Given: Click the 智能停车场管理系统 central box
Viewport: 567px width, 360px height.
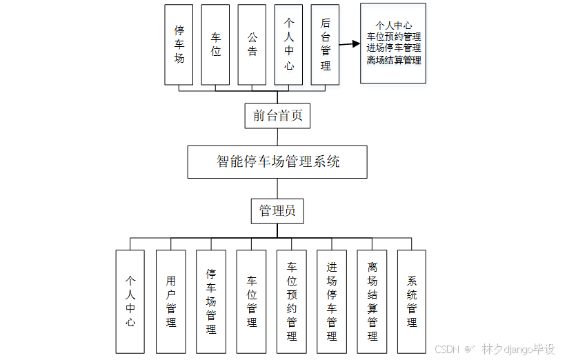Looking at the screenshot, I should (277, 162).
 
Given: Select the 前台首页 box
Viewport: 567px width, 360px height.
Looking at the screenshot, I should (277, 116).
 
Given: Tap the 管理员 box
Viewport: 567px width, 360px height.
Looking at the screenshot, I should (277, 211).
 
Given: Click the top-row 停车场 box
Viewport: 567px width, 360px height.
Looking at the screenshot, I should (179, 45).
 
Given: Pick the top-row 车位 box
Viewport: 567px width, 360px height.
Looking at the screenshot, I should (216, 45).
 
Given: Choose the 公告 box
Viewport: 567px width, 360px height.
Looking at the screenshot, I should (252, 45).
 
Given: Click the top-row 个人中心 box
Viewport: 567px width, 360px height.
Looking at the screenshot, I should (288, 45).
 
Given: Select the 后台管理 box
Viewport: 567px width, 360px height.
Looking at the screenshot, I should (326, 45).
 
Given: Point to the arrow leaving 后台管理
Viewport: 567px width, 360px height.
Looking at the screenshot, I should (350, 44).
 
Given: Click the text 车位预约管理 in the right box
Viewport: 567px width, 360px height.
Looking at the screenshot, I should (393, 37).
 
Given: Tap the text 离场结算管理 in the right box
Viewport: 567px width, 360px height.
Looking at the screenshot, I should (393, 60).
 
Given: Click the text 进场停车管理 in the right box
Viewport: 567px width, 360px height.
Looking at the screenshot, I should (393, 48).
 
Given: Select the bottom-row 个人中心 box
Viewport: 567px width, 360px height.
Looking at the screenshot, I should (130, 301).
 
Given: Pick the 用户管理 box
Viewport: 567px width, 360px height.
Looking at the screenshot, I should (171, 301).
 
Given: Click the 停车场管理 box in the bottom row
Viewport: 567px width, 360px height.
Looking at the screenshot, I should (211, 301).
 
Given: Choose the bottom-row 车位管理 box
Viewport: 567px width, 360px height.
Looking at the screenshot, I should (251, 301).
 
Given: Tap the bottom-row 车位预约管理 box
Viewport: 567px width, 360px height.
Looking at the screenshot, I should (291, 301).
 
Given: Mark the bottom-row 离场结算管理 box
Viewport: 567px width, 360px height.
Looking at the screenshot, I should (372, 301).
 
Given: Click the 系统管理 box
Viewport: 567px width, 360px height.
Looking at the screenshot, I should (412, 301).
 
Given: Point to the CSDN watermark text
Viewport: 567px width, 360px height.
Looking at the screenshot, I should (448, 349).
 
